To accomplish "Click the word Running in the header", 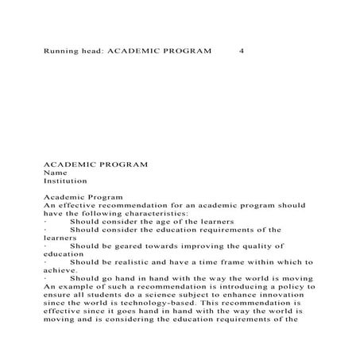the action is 61,50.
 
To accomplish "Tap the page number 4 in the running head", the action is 241,50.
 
